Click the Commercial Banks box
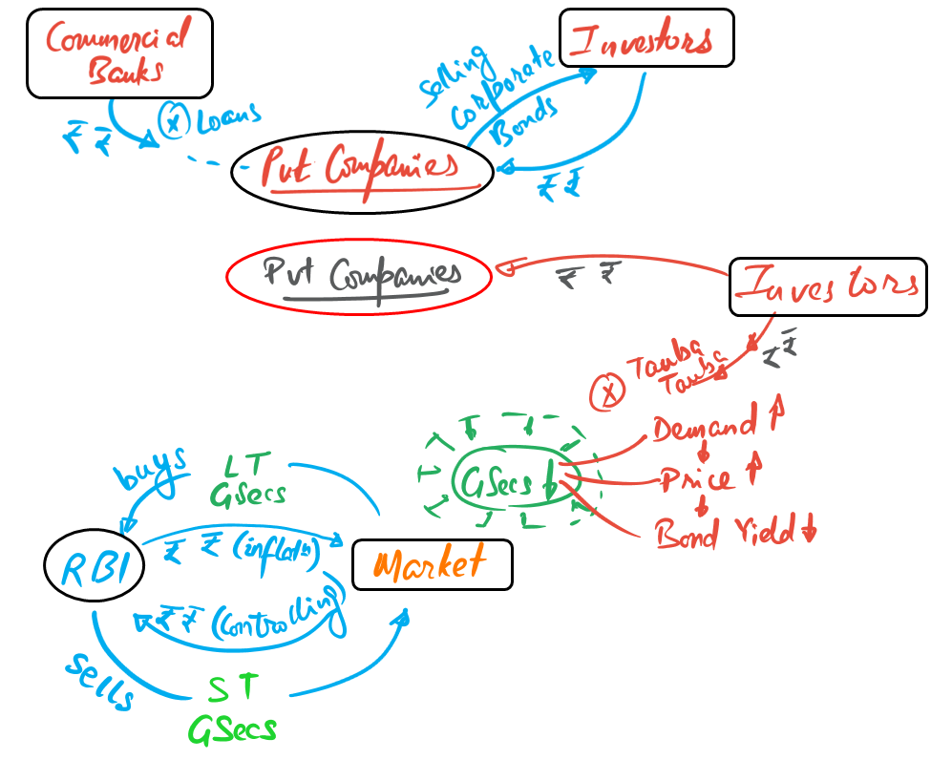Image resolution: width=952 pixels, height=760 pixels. point(119,53)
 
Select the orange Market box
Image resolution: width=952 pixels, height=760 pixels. point(432,564)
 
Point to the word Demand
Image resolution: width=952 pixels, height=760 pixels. point(704,429)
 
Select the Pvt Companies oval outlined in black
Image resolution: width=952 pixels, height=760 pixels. point(363,170)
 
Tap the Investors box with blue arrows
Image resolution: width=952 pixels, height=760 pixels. point(646,38)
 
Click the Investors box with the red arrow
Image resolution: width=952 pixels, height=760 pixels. point(828,286)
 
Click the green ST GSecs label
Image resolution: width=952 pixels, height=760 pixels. point(233,707)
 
